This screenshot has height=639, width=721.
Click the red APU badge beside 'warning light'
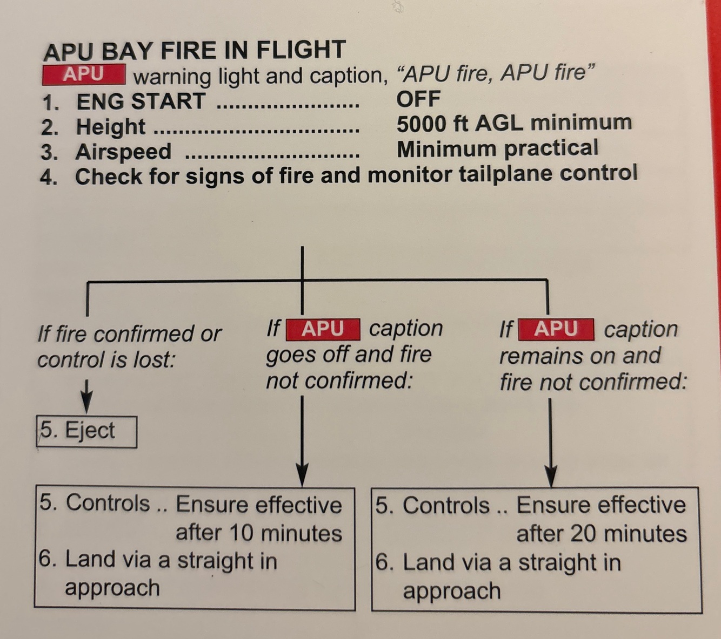[84, 74]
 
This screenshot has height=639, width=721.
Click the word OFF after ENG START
[418, 99]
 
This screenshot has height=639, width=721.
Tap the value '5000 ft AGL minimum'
[514, 124]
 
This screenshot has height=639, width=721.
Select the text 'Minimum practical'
[497, 148]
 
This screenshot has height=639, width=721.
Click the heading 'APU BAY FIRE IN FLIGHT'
[194, 51]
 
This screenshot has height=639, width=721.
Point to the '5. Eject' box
[86, 431]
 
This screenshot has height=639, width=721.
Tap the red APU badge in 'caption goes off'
[323, 329]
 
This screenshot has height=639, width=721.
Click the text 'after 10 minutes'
[259, 533]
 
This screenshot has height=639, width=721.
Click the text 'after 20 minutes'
[601, 534]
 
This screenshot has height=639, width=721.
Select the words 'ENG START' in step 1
[141, 101]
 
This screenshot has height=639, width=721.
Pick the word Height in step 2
[111, 127]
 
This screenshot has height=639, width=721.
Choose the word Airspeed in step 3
[123, 152]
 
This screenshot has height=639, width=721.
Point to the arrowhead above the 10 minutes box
[302, 475]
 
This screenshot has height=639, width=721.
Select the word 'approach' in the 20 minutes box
[451, 591]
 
